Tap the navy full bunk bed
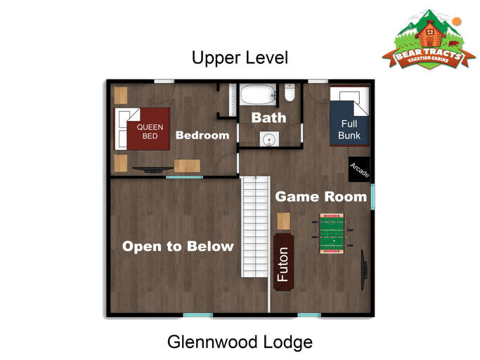349,116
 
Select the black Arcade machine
359,169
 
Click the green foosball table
332,233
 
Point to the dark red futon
283,262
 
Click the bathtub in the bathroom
258,95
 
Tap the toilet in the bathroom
290,93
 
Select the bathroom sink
269,139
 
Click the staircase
255,226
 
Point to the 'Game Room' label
320,197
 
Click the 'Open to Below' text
178,246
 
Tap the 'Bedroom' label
202,135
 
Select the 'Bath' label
268,117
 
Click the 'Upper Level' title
240,58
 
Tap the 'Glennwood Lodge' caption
240,342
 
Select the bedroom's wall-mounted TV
153,169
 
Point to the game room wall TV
364,270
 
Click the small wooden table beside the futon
283,221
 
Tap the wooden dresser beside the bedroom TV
187,166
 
